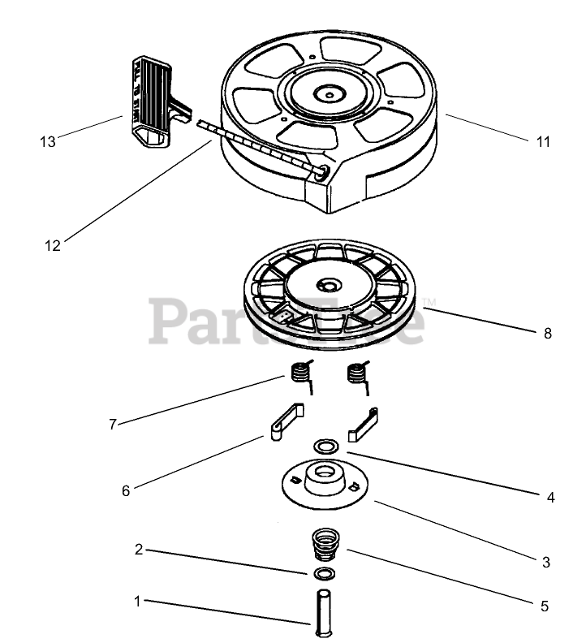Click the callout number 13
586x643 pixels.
[48, 141]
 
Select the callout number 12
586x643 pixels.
[53, 246]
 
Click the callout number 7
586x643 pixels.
[114, 424]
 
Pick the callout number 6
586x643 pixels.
[125, 490]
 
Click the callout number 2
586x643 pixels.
[139, 549]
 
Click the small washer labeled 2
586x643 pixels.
[325, 574]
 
